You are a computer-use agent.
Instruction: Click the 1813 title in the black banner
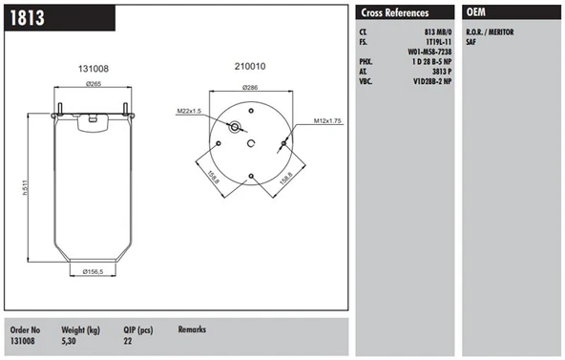(x=28, y=17)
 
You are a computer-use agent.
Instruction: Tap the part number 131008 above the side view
(x=94, y=69)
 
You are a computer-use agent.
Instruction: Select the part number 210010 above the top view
(x=250, y=66)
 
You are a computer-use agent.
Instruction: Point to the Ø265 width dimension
(x=94, y=84)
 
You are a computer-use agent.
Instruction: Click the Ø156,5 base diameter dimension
(x=93, y=272)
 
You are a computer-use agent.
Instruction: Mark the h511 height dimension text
(x=25, y=187)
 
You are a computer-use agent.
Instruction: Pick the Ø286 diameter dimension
(x=250, y=88)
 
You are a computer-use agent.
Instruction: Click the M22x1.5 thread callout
(x=189, y=111)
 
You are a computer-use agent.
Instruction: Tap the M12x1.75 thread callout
(x=327, y=121)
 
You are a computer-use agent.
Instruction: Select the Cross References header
(x=395, y=13)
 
